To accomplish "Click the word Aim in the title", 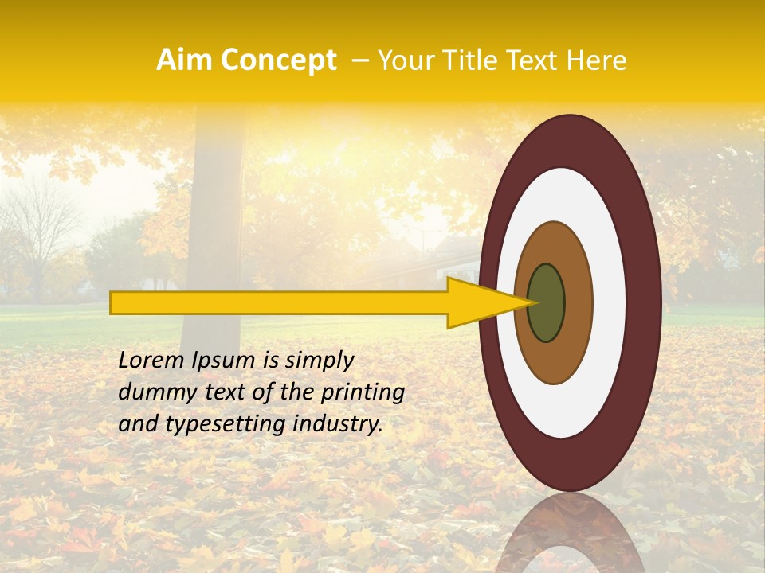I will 184,60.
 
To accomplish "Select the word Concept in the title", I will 278,61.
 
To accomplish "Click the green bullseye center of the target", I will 546,302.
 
